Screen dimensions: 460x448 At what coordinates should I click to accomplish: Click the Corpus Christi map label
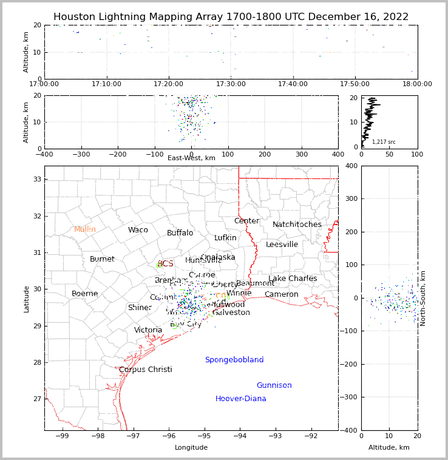(x=145, y=370)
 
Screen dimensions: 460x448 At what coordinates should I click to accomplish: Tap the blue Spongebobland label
(x=234, y=360)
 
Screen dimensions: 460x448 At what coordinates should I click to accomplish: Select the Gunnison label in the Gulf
(x=274, y=385)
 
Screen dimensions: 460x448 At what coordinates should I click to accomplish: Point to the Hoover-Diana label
(x=240, y=399)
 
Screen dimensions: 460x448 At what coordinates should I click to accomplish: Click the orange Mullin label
(x=84, y=229)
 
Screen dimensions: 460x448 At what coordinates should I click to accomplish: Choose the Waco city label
(x=138, y=230)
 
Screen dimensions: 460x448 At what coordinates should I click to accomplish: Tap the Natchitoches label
(x=297, y=225)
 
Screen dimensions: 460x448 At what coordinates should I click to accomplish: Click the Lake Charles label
(x=293, y=279)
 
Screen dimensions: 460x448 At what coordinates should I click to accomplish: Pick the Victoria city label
(x=148, y=330)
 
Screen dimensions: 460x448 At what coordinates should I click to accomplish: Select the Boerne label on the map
(x=84, y=294)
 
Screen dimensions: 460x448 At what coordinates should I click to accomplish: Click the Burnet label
(x=102, y=259)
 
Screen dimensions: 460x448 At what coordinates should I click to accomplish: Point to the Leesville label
(x=282, y=245)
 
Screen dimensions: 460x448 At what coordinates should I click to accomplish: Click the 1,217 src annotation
(x=384, y=142)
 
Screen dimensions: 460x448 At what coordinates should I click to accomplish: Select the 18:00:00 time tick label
(x=417, y=84)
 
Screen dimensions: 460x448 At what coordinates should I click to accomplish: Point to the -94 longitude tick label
(x=239, y=436)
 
